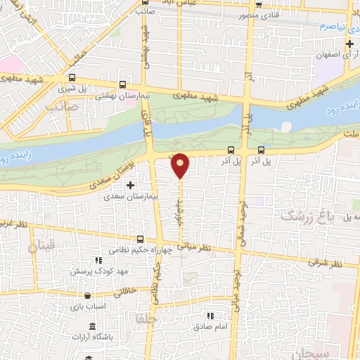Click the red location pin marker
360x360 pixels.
tap(181, 165)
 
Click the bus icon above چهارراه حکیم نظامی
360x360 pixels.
tap(141, 239)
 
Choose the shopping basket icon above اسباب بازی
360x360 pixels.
tap(87, 296)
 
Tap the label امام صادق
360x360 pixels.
tap(208, 327)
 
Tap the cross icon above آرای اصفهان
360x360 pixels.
tap(349, 44)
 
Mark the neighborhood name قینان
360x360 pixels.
tap(41, 247)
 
